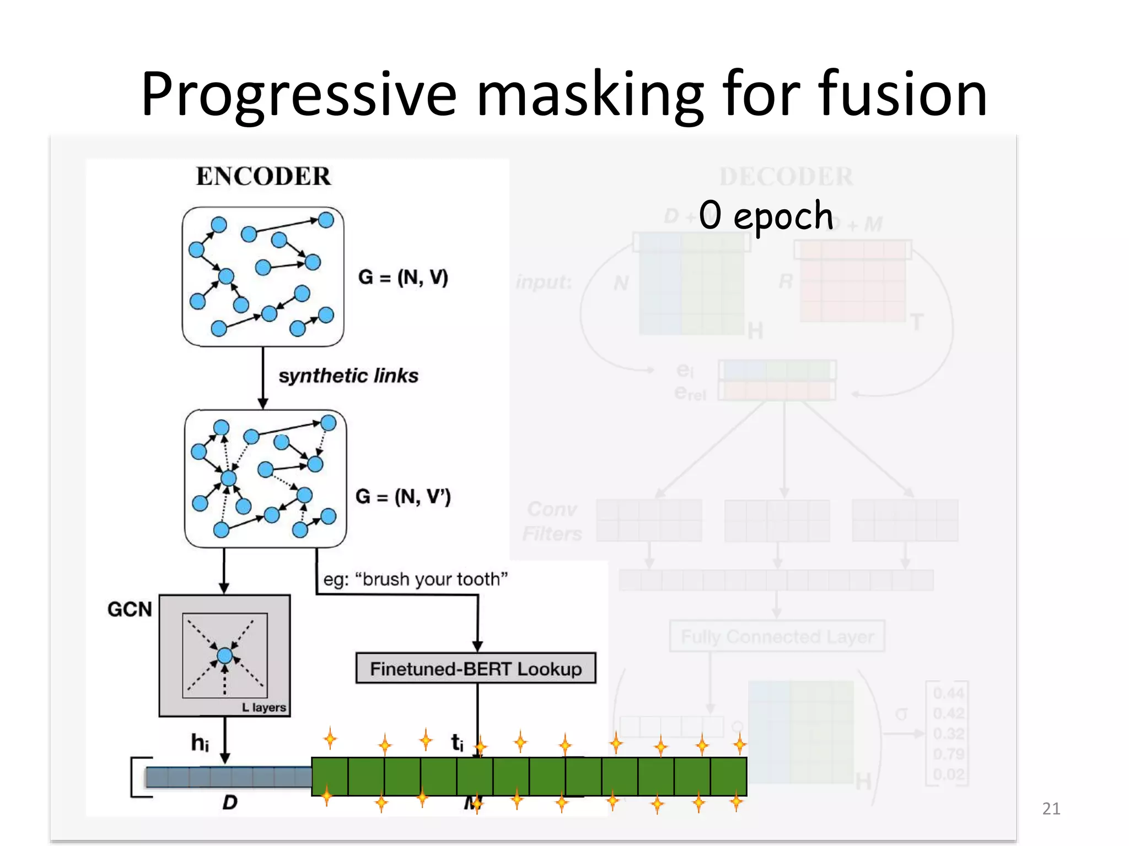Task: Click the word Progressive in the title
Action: click(298, 95)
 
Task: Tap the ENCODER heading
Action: click(263, 177)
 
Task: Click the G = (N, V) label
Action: click(402, 277)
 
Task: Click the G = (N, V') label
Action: click(402, 497)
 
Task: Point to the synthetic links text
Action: click(348, 376)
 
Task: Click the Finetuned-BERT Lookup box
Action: click(476, 669)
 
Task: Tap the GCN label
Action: click(130, 610)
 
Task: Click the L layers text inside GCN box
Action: click(264, 707)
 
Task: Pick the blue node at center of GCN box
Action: click(224, 655)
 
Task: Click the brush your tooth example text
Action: click(415, 579)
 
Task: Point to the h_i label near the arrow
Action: click(200, 743)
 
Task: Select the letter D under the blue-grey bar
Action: click(229, 802)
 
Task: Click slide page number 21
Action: click(1051, 809)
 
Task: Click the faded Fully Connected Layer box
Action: click(777, 637)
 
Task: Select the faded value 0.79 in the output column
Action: click(948, 754)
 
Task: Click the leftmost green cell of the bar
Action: click(330, 777)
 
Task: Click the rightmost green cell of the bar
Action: click(728, 777)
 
